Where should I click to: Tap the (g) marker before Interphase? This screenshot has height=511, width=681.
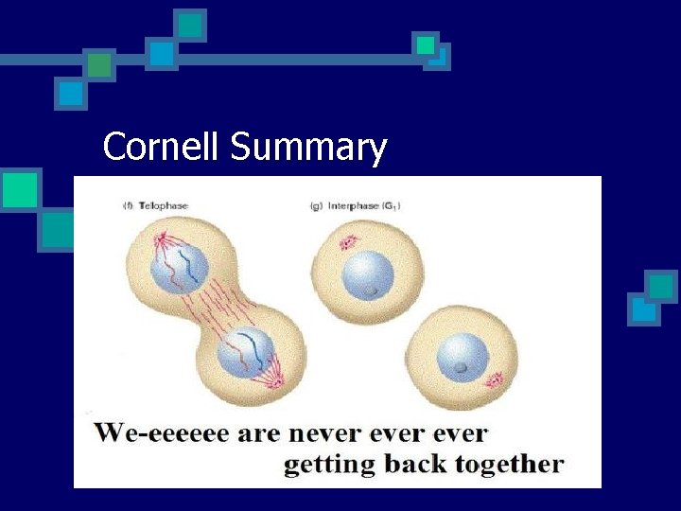pyautogui.click(x=314, y=205)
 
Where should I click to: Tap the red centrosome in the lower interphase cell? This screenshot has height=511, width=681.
pyautogui.click(x=495, y=381)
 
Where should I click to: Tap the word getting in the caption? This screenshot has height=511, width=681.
pyautogui.click(x=327, y=465)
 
